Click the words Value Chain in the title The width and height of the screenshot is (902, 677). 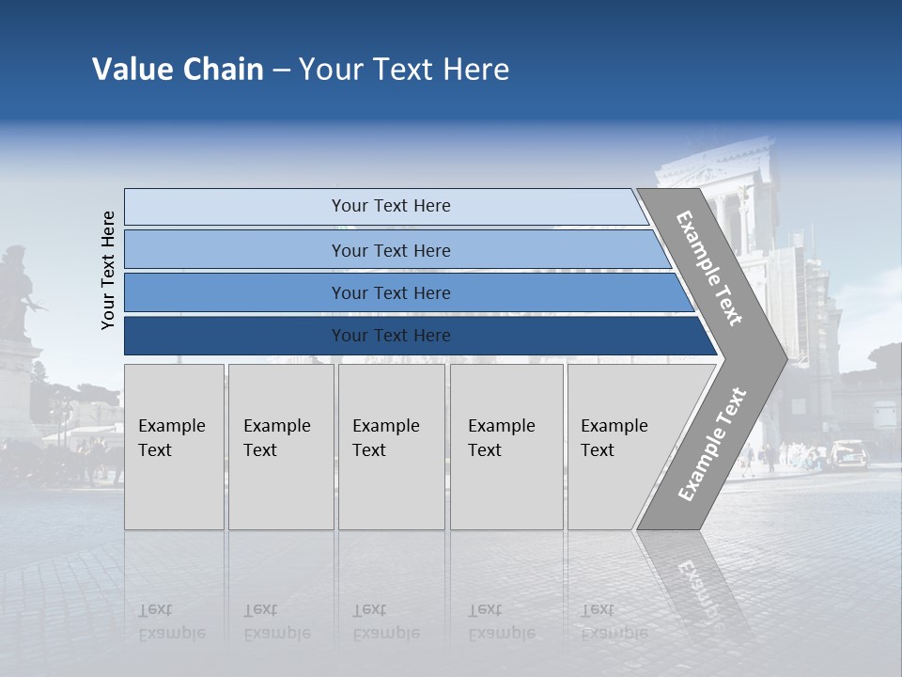coord(178,70)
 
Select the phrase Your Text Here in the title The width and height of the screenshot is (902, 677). coord(404,70)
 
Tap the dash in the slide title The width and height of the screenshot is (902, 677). coord(281,71)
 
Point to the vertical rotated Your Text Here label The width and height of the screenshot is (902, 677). coord(108,270)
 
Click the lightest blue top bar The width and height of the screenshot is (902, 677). coord(390,206)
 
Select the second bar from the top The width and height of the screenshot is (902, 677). coord(390,250)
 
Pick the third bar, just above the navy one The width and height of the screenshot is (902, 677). coord(390,292)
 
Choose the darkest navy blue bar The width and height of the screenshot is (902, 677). coord(390,336)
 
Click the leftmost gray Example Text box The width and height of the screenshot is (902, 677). coord(174,447)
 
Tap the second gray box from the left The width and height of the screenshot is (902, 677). coord(280,447)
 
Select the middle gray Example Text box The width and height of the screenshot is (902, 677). coord(391,447)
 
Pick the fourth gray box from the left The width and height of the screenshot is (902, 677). coord(506,447)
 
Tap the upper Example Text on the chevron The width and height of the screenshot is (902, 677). coord(709,268)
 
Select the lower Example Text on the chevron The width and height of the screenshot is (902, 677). coord(711,445)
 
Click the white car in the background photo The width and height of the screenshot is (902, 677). coord(848,453)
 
